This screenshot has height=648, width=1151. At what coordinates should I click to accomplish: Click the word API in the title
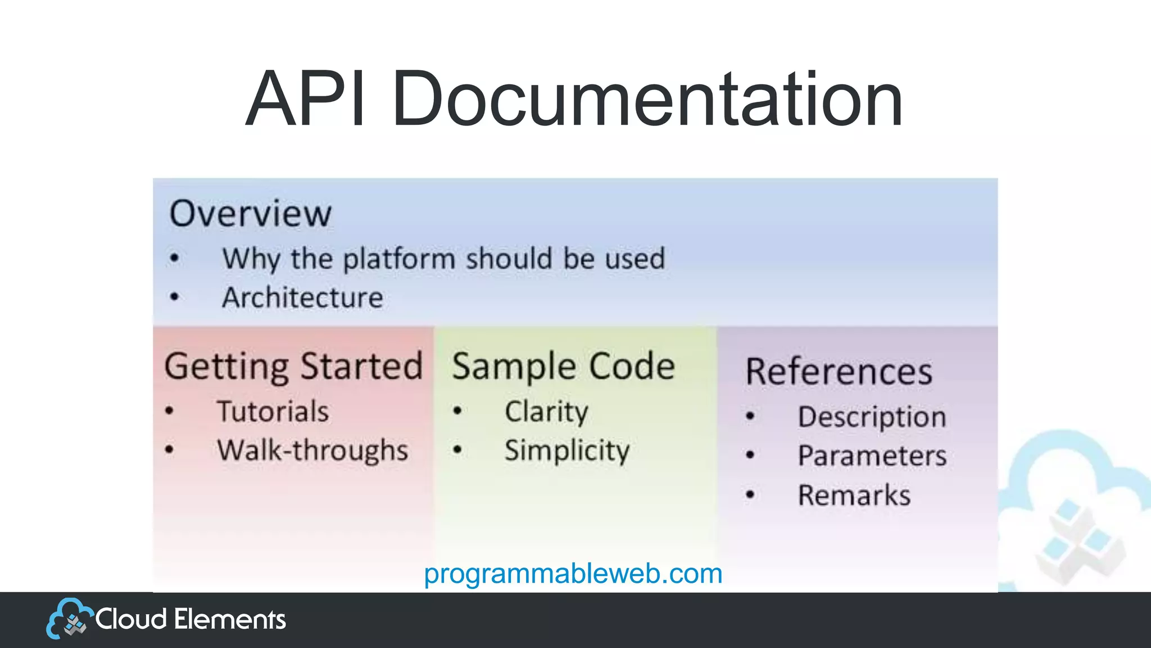305,99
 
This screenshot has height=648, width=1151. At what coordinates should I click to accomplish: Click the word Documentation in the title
647,99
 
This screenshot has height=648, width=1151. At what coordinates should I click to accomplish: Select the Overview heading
251,214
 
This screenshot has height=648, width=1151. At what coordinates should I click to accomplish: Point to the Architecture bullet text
302,298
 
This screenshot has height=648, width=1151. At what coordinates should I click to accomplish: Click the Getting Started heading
293,367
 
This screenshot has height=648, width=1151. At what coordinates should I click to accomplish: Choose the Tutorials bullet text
273,411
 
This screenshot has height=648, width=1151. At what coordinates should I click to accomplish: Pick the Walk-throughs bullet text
312,451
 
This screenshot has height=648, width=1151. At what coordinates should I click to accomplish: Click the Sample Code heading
563,367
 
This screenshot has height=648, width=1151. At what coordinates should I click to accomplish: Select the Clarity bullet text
546,411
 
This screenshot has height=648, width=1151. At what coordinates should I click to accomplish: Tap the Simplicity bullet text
567,451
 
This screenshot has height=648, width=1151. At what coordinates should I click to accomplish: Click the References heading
839,372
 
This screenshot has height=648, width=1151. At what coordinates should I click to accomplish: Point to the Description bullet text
872,417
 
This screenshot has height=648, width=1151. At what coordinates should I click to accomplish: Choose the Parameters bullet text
872,456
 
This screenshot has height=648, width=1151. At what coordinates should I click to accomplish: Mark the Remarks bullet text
854,496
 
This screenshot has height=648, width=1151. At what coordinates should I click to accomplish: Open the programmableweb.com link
573,574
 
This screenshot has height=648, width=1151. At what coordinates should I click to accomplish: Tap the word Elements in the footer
230,619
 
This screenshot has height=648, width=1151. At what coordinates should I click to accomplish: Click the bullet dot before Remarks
750,495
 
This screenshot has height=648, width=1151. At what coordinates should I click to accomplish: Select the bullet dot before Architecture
174,297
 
